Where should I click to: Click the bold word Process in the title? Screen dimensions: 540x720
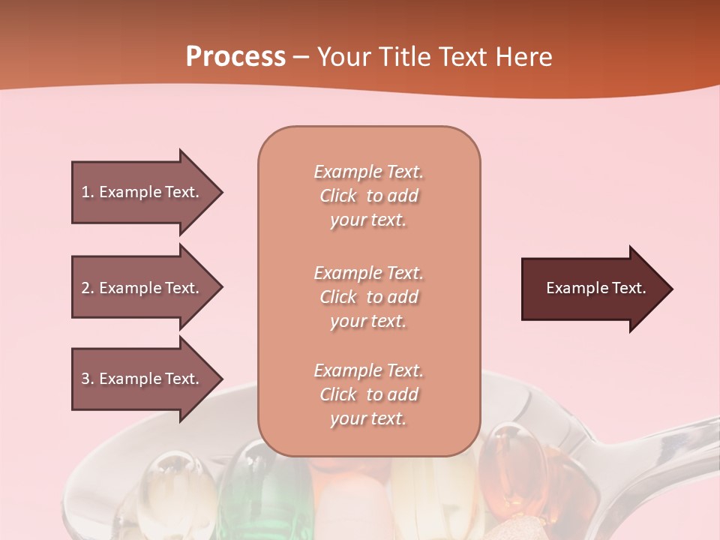point(235,57)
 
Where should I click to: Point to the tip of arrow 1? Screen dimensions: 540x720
point(220,192)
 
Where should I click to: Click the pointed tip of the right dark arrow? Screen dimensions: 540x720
point(670,289)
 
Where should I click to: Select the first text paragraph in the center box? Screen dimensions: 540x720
point(368,196)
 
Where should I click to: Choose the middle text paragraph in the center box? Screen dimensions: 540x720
point(368,297)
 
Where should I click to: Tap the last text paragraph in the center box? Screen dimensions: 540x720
point(368,394)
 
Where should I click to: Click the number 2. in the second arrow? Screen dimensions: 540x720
point(88,288)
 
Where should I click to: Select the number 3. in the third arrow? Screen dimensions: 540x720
point(88,379)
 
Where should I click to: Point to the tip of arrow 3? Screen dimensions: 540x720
point(220,379)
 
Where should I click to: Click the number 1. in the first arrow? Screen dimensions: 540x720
point(88,192)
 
